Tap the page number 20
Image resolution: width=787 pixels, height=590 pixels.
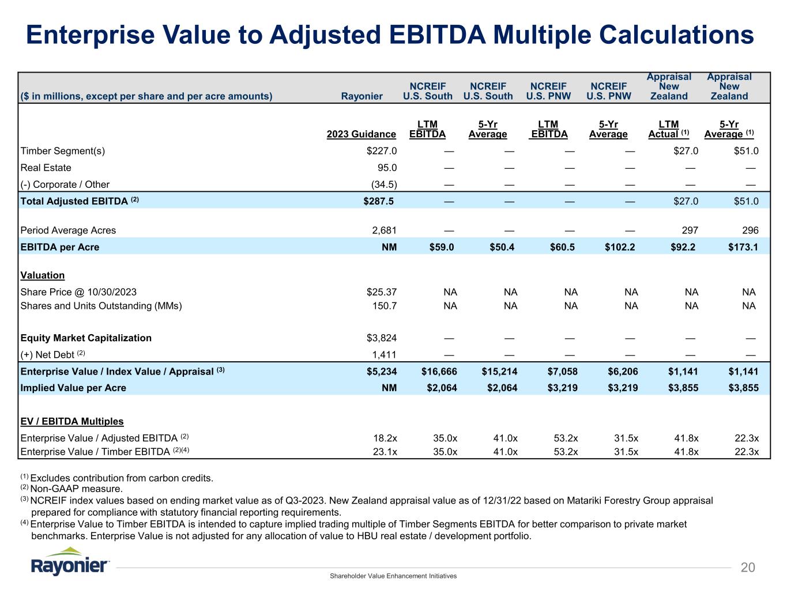pos(747,568)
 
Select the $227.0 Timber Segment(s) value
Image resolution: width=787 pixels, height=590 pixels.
pos(378,151)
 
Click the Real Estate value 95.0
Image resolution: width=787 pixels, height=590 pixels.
pos(386,168)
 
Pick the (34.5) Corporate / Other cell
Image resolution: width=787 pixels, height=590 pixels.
pos(383,184)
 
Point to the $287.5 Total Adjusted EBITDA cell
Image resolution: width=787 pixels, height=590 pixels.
pos(378,201)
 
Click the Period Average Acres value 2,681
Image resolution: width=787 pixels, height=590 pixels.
pos(383,230)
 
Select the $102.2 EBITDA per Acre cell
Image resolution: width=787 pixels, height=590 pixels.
pos(620,247)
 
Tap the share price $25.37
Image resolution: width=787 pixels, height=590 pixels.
pos(378,292)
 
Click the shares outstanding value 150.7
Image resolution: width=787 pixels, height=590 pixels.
pos(385,306)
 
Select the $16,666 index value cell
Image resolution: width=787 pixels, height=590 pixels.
pos(439,372)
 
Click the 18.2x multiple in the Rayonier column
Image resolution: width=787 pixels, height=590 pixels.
pos(385,438)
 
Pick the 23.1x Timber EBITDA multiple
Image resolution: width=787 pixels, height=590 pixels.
pos(385,452)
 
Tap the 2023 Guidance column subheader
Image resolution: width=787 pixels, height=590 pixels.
pos(362,134)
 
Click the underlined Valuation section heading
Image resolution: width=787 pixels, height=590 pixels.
pos(43,275)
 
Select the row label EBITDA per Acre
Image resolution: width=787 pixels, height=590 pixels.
pos(60,247)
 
